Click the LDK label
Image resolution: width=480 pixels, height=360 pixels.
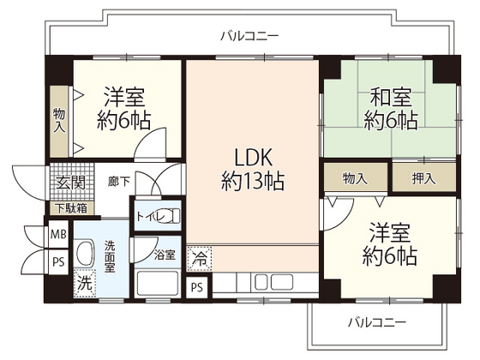pyautogui.click(x=253, y=158)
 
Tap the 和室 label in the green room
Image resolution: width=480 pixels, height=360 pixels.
pyautogui.click(x=390, y=96)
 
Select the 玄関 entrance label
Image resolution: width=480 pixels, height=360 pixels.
pyautogui.click(x=71, y=182)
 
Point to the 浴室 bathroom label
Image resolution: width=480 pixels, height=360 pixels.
pyautogui.click(x=165, y=255)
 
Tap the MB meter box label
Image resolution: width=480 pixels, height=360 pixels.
pyautogui.click(x=58, y=233)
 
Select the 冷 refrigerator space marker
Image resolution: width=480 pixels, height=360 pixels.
pyautogui.click(x=199, y=256)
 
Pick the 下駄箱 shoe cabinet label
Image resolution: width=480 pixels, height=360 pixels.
pyautogui.click(x=71, y=207)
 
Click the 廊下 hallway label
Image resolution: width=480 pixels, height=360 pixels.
pyautogui.click(x=119, y=182)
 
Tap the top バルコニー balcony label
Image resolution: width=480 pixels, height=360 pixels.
pyautogui.click(x=249, y=36)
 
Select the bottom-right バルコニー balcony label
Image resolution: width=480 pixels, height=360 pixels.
pyautogui.click(x=376, y=322)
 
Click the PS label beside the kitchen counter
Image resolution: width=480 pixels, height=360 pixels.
pyautogui.click(x=197, y=286)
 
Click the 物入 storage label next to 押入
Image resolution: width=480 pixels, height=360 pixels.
pyautogui.click(x=355, y=178)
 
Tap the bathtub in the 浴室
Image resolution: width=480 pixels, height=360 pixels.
pyautogui.click(x=159, y=283)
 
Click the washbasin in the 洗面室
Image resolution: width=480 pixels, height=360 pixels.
pyautogui.click(x=85, y=253)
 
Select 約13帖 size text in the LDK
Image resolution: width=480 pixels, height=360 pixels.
pyautogui.click(x=253, y=181)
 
